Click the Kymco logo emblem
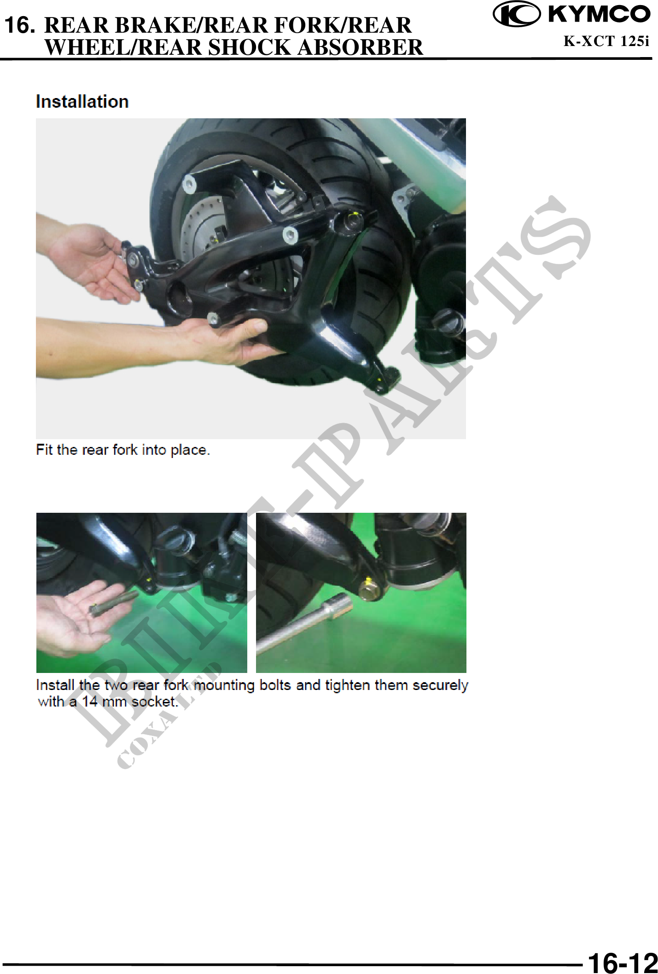tap(517, 14)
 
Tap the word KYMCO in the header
tap(599, 14)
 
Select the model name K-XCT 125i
tap(606, 41)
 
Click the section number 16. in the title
tap(19, 25)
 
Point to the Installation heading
tap(82, 102)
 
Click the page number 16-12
tap(623, 962)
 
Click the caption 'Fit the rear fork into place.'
tap(123, 450)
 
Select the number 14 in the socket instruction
tap(89, 702)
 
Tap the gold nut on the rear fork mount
tap(368, 590)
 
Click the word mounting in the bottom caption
tap(224, 686)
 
